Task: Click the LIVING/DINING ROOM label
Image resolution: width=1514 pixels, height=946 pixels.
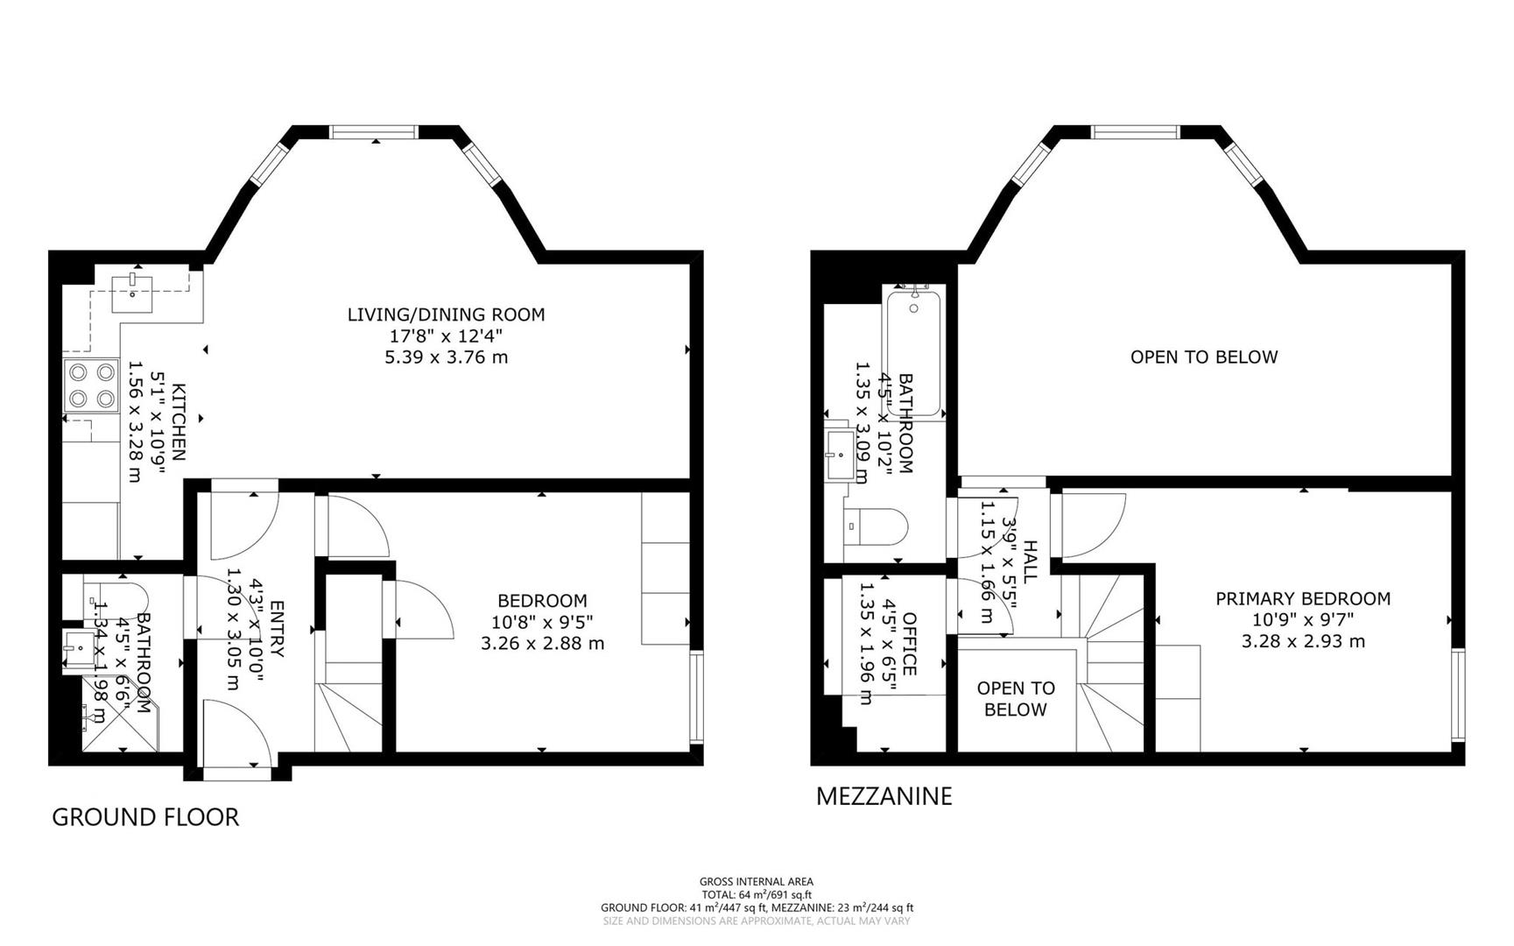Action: pyautogui.click(x=446, y=314)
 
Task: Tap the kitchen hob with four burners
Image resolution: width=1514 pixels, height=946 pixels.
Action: pyautogui.click(x=91, y=386)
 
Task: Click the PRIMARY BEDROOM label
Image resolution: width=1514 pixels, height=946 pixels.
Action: pyautogui.click(x=1302, y=599)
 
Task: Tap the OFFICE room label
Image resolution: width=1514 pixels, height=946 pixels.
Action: pyautogui.click(x=909, y=644)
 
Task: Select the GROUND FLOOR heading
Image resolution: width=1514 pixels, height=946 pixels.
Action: pyautogui.click(x=145, y=817)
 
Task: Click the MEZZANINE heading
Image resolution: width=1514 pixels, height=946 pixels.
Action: pyautogui.click(x=884, y=796)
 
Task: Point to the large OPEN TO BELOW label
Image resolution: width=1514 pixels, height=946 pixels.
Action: pyautogui.click(x=1203, y=357)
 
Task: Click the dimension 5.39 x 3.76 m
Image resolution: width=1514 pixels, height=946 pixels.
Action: pyautogui.click(x=446, y=357)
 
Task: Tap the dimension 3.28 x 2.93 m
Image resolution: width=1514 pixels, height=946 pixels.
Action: pyautogui.click(x=1302, y=641)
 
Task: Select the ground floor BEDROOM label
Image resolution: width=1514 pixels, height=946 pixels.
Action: pyautogui.click(x=542, y=601)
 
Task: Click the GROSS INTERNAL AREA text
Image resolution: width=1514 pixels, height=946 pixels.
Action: pyautogui.click(x=756, y=882)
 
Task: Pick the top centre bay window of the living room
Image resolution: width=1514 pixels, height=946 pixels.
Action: pyautogui.click(x=374, y=132)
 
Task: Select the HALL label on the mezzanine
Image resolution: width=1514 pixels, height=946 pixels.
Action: pyautogui.click(x=1030, y=561)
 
